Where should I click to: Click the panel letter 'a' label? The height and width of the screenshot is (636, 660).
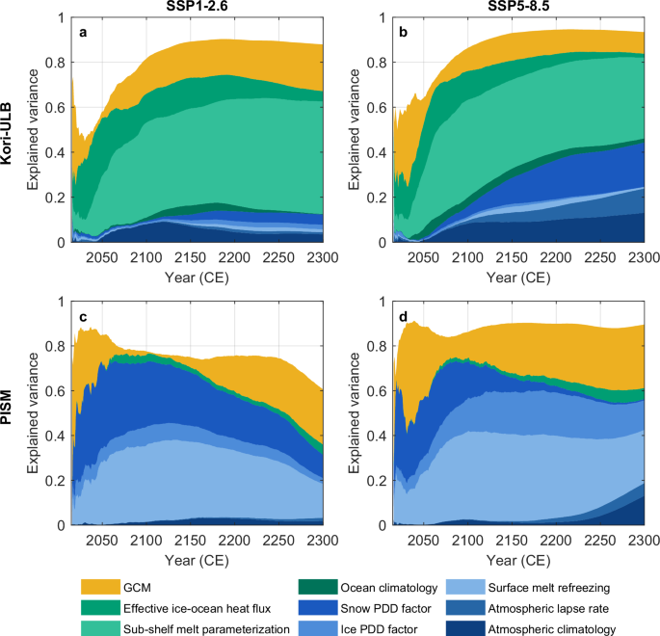(83, 32)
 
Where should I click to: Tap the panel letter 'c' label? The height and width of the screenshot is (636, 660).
(83, 319)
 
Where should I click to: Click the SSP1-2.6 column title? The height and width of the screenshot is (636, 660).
(198, 8)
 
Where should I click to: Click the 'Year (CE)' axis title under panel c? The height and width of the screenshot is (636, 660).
(197, 560)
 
